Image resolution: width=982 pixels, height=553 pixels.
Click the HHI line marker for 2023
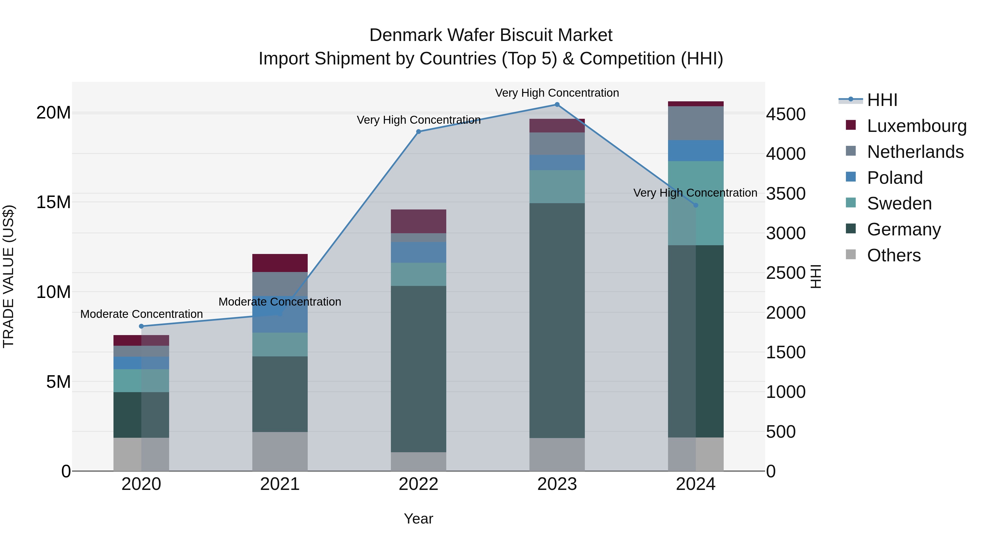pos(557,105)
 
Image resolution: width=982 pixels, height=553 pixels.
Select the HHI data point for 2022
pos(418,132)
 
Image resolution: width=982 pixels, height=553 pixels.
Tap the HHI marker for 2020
pos(141,326)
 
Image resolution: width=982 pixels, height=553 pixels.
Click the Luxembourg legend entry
pos(917,126)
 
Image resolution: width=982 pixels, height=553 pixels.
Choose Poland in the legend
pos(894,178)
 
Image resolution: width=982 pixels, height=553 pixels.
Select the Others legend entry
pos(894,255)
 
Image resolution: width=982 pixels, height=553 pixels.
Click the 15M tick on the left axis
pos(53,202)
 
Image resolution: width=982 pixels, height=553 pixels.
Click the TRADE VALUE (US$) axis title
pos(8,276)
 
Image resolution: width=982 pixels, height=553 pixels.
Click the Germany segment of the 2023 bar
pos(557,321)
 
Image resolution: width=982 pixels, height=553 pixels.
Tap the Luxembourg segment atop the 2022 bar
pos(418,221)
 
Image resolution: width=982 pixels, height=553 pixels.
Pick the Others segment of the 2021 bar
pos(280,451)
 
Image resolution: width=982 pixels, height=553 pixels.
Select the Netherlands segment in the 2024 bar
pos(696,123)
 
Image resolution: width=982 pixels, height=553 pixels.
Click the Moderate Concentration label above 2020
pos(141,314)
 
